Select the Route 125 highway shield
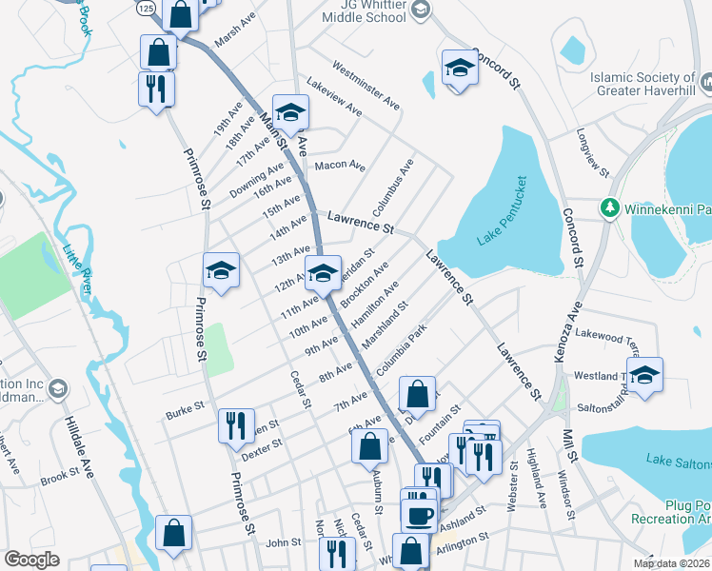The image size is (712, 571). (145, 8)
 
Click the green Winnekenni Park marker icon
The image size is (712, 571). (609, 207)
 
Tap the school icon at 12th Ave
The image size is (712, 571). (323, 273)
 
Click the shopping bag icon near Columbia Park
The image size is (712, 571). (417, 393)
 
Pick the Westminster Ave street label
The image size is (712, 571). (366, 85)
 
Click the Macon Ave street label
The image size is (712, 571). (340, 167)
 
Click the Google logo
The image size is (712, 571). (31, 560)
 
